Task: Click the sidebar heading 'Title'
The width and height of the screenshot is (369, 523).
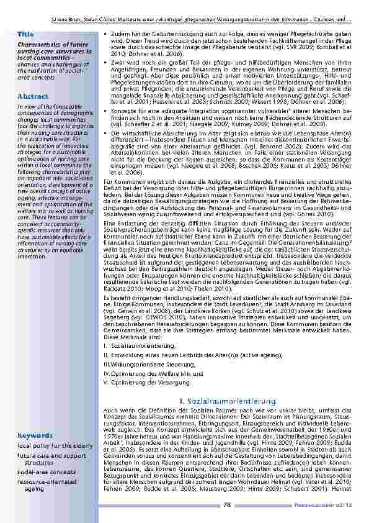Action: point(26,34)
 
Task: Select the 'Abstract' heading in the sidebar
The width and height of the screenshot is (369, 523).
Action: point(29,97)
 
